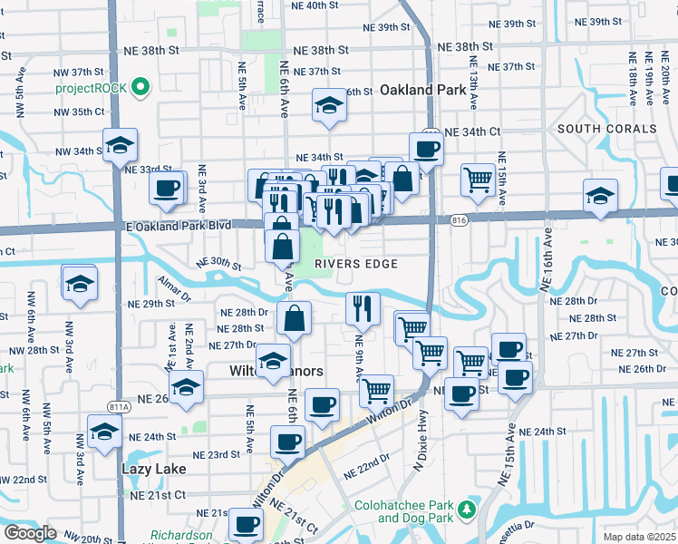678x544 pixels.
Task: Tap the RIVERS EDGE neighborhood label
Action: pyautogui.click(x=356, y=264)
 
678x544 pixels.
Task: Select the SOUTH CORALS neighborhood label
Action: pyautogui.click(x=606, y=129)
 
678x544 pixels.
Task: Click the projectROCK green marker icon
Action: pyautogui.click(x=140, y=88)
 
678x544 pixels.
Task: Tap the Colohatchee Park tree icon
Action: pyautogui.click(x=467, y=510)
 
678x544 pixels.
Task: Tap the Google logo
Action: pyautogui.click(x=30, y=533)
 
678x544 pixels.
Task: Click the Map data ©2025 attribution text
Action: pyautogui.click(x=639, y=537)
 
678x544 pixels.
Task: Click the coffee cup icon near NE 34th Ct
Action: pyautogui.click(x=425, y=148)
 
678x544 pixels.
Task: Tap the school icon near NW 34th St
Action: pyautogui.click(x=119, y=144)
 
